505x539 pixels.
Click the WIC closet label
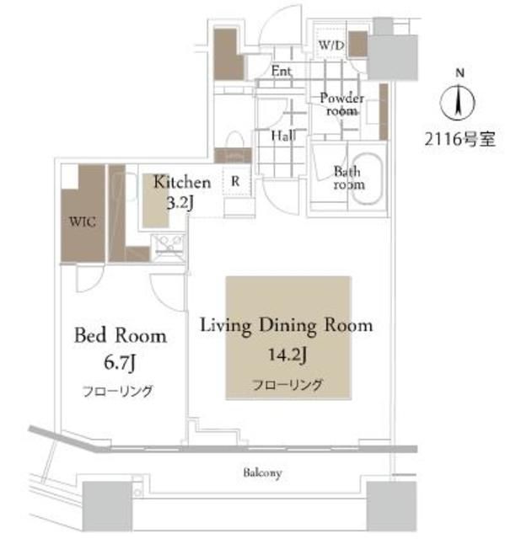pos(82,222)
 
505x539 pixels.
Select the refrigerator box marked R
pos(236,180)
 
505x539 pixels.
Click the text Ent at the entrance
pos(282,72)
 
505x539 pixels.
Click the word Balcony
pos(264,473)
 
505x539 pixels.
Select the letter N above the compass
pos(459,74)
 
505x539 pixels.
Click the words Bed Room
pos(121,334)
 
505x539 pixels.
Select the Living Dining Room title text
pos(286,326)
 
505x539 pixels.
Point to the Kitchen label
pos(181,182)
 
